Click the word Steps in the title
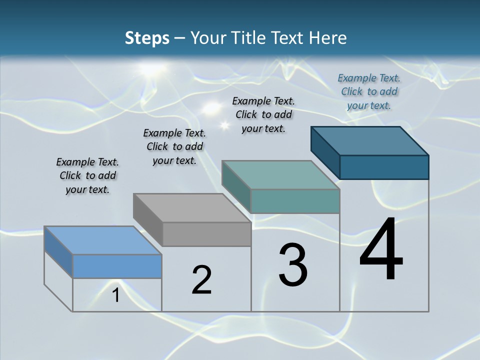coord(147,38)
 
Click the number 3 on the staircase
coord(293,265)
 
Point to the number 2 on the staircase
coord(201,280)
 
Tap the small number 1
coord(116,295)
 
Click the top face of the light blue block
coord(103,240)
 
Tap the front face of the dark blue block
coord(384,167)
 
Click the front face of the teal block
coord(295,201)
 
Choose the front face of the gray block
coord(206,234)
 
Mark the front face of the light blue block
coord(117,266)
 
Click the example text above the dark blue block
coord(369,91)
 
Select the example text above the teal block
coord(263,114)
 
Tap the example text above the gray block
coord(174,146)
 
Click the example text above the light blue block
coord(87,175)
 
